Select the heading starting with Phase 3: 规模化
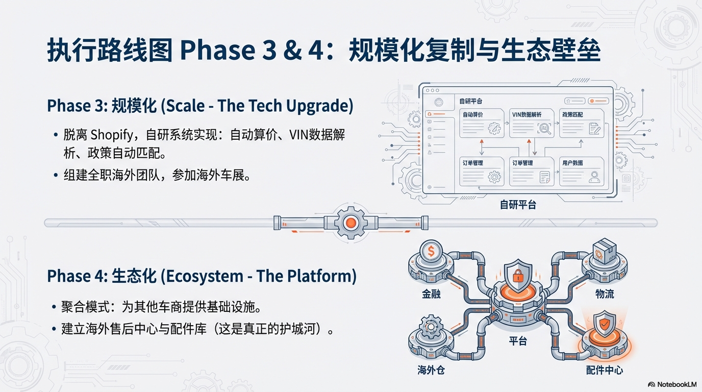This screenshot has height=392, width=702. pyautogui.click(x=200, y=106)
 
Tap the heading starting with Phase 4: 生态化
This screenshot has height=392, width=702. pyautogui.click(x=202, y=276)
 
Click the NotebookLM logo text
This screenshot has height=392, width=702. pyautogui.click(x=673, y=384)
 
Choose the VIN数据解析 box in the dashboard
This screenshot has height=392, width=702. pyautogui.click(x=531, y=123)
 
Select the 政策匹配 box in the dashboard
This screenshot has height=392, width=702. pyautogui.click(x=581, y=123)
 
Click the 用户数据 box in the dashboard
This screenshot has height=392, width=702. pyautogui.click(x=581, y=171)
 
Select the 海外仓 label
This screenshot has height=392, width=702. pyautogui.click(x=431, y=370)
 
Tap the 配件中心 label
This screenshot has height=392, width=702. pyautogui.click(x=605, y=370)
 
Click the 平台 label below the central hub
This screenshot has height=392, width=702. pyautogui.click(x=518, y=341)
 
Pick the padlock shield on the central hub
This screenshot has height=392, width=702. pyautogui.click(x=518, y=275)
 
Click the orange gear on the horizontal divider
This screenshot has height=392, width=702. pyautogui.click(x=350, y=223)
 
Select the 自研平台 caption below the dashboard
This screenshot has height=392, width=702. pyautogui.click(x=518, y=205)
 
